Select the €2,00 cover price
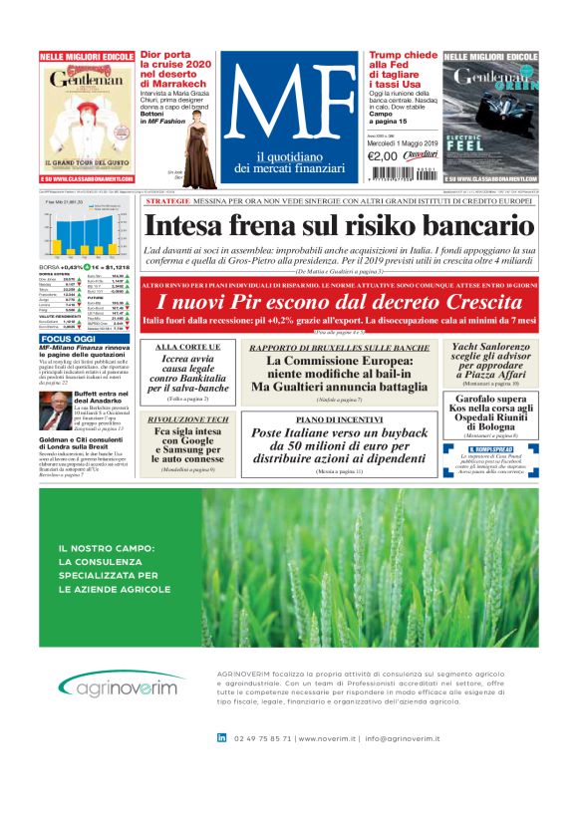[x=383, y=155]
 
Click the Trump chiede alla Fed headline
[x=403, y=75]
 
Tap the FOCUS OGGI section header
[x=68, y=339]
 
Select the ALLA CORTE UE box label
[x=187, y=347]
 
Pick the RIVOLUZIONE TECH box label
[x=187, y=419]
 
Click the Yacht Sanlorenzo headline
[x=493, y=359]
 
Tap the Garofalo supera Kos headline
[x=493, y=413]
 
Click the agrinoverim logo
[x=117, y=686]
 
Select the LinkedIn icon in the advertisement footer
[x=221, y=737]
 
